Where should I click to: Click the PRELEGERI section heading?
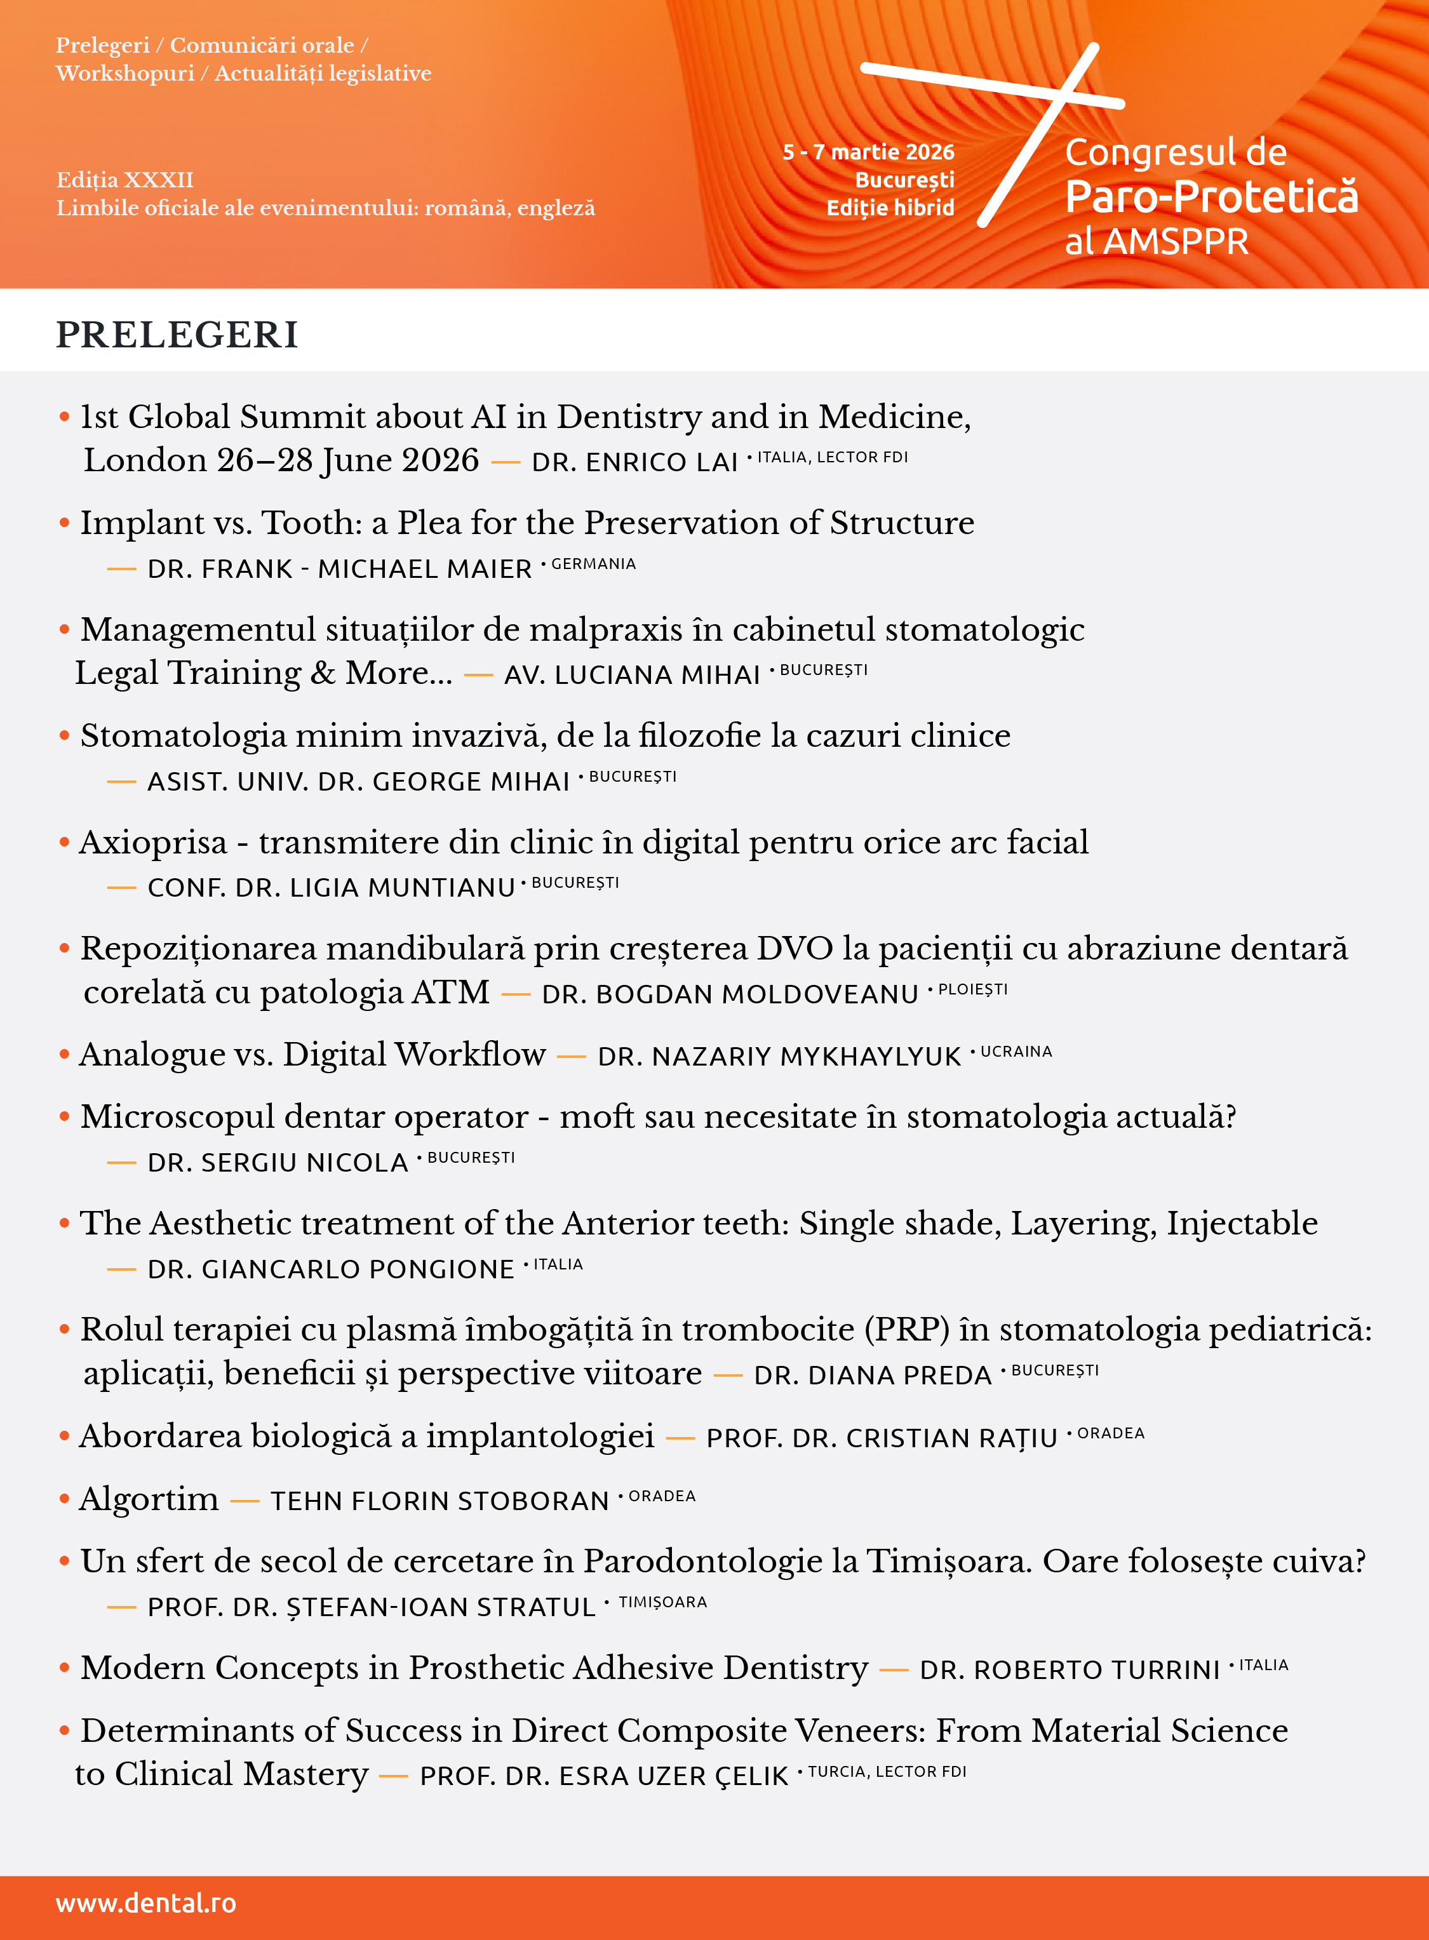177,335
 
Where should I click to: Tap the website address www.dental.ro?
145,1903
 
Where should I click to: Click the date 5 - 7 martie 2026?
868,152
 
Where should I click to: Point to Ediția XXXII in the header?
124,180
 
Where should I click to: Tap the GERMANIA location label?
593,564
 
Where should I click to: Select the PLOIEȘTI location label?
973,989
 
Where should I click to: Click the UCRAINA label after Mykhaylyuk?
1016,1052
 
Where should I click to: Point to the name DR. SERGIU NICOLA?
278,1163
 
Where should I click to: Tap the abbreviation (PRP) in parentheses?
906,1329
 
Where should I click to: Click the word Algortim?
149,1499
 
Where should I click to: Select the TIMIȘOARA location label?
662,1603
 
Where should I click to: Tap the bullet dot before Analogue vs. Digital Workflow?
64,1054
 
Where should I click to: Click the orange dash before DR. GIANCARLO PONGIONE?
121,1269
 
